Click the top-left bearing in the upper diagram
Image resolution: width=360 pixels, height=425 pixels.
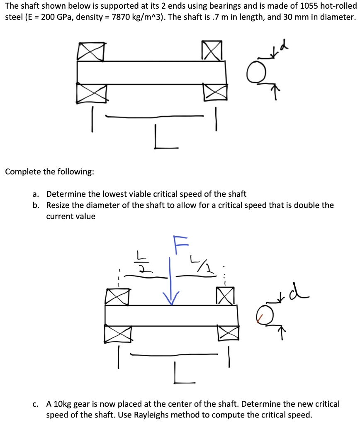tap(90, 51)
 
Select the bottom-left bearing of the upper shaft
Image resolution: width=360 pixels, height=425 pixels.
tap(91, 93)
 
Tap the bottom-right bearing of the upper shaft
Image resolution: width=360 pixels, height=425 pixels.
tap(214, 93)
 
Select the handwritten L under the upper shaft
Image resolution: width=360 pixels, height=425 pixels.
tap(161, 139)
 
